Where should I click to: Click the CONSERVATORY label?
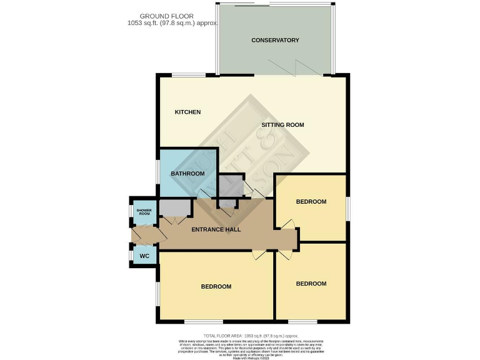point(275,40)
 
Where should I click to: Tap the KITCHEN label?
point(187,112)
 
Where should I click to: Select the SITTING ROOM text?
point(282,125)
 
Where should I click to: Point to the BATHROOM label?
point(188,173)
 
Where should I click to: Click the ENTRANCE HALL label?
point(216,229)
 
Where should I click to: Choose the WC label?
point(144,256)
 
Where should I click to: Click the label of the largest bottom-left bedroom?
point(216,286)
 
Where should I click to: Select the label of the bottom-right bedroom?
point(311,284)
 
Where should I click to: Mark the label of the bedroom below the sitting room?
point(311,201)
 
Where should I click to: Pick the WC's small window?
point(131,256)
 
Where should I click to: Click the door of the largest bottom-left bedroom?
point(258,255)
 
